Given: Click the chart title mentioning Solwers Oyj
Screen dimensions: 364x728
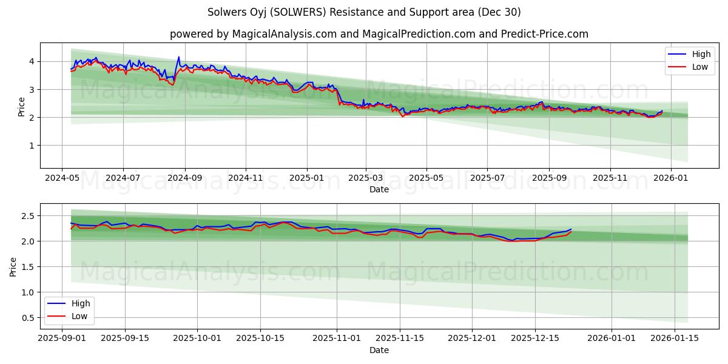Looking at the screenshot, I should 364,12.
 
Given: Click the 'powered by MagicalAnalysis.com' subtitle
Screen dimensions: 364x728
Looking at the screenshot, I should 379,34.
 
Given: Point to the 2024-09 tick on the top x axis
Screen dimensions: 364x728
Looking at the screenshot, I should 184,178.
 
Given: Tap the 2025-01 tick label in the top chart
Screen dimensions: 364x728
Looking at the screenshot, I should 306,178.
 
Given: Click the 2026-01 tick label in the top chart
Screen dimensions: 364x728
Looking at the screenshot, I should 670,178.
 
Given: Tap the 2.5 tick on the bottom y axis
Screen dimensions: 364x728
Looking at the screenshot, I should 27,216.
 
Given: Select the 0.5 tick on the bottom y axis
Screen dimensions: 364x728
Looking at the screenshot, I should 27,318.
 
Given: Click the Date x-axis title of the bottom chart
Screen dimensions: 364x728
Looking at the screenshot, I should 379,350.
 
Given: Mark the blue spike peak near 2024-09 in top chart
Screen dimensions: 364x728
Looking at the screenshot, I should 178,57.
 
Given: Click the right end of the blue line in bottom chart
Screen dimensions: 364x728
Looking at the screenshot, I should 571,229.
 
